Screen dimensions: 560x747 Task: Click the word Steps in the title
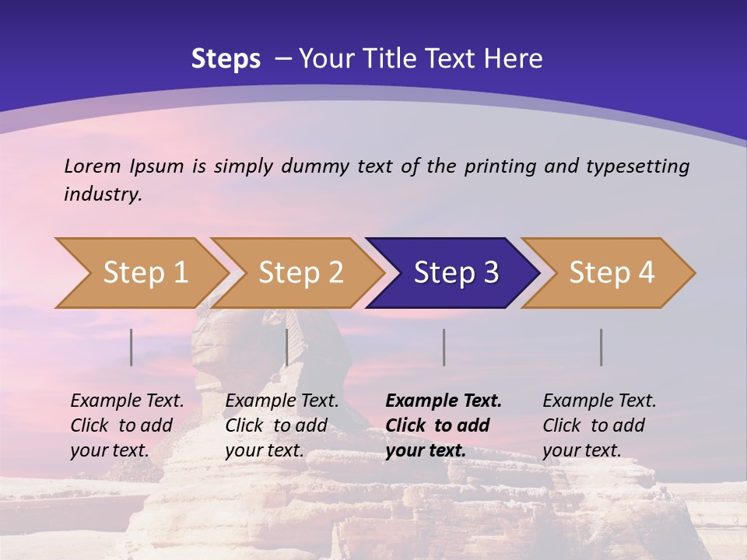tap(226, 59)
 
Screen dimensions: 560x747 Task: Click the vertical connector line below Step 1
tap(132, 347)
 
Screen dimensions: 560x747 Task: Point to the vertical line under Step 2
tap(287, 347)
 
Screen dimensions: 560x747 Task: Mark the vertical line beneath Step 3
tap(444, 347)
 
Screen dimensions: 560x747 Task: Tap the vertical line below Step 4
tap(601, 347)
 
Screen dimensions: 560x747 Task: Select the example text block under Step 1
tap(127, 425)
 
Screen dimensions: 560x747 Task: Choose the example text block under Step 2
tap(282, 425)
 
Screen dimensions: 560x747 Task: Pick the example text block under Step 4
tap(599, 425)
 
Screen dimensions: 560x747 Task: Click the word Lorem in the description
tap(93, 166)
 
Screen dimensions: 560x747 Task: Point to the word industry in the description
tap(103, 194)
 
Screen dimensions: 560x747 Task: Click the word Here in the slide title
tap(517, 59)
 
